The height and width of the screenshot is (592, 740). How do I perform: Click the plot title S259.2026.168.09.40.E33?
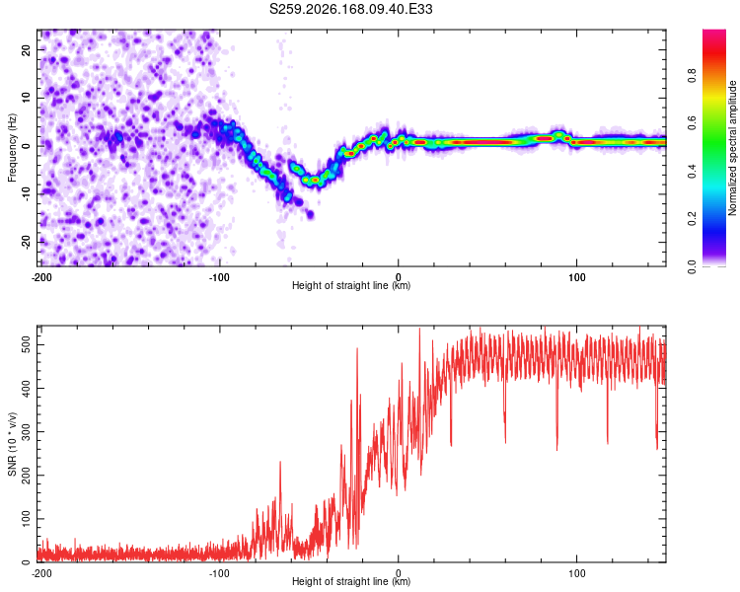click(x=350, y=9)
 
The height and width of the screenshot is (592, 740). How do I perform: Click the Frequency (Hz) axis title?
click(x=12, y=148)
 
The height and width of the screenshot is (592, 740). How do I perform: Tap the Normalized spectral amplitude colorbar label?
click(x=732, y=148)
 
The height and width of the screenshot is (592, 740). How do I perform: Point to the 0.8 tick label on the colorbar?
click(x=692, y=76)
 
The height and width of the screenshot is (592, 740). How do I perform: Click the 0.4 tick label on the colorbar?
click(x=692, y=172)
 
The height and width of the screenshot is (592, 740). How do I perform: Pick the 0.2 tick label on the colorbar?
click(x=692, y=219)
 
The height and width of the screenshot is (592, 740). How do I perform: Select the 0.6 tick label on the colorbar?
click(x=692, y=123)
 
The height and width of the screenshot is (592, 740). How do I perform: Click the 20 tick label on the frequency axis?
click(x=26, y=49)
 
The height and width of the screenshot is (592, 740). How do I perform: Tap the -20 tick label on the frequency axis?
click(x=26, y=242)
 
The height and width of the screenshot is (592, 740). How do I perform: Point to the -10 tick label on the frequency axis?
click(x=26, y=194)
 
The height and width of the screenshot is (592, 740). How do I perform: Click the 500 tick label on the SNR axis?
click(x=26, y=344)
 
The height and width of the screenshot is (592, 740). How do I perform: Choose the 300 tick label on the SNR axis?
click(x=26, y=431)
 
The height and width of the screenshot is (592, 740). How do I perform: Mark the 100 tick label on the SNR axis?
click(x=26, y=519)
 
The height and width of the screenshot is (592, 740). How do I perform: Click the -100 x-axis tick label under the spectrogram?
click(x=219, y=277)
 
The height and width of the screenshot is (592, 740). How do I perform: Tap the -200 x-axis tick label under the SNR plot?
click(x=41, y=573)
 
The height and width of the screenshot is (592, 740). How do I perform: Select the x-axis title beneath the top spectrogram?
click(x=351, y=285)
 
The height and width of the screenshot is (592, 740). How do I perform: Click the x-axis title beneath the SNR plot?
click(x=351, y=581)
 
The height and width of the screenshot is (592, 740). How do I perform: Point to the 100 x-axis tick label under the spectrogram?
click(x=577, y=277)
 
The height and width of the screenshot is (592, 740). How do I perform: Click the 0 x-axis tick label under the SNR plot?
click(x=399, y=573)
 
